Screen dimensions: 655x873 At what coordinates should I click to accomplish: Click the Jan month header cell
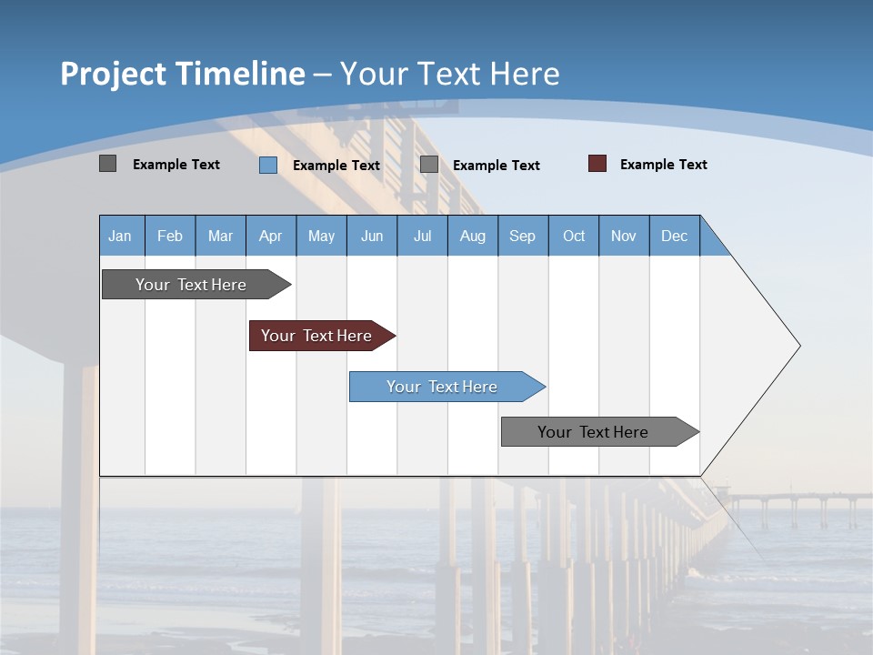point(121,236)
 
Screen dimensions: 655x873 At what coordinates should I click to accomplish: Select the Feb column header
point(170,236)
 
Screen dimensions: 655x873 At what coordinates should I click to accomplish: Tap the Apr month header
point(271,236)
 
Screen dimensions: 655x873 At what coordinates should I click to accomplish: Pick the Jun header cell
point(372,236)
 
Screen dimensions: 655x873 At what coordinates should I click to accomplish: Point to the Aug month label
point(473,236)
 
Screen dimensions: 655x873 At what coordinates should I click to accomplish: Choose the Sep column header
point(523,236)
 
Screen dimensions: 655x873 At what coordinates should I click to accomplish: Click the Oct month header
point(574,236)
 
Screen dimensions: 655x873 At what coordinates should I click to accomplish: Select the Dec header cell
point(675,236)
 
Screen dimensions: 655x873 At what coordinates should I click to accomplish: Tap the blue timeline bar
point(443,387)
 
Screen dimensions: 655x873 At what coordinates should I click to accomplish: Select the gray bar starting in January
point(192,285)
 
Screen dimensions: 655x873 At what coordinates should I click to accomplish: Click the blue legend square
point(268,165)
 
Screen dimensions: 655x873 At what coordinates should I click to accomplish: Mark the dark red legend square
point(597,164)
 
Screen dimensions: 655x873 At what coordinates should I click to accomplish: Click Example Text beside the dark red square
point(664,165)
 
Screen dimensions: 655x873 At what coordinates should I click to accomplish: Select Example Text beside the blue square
point(336,166)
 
